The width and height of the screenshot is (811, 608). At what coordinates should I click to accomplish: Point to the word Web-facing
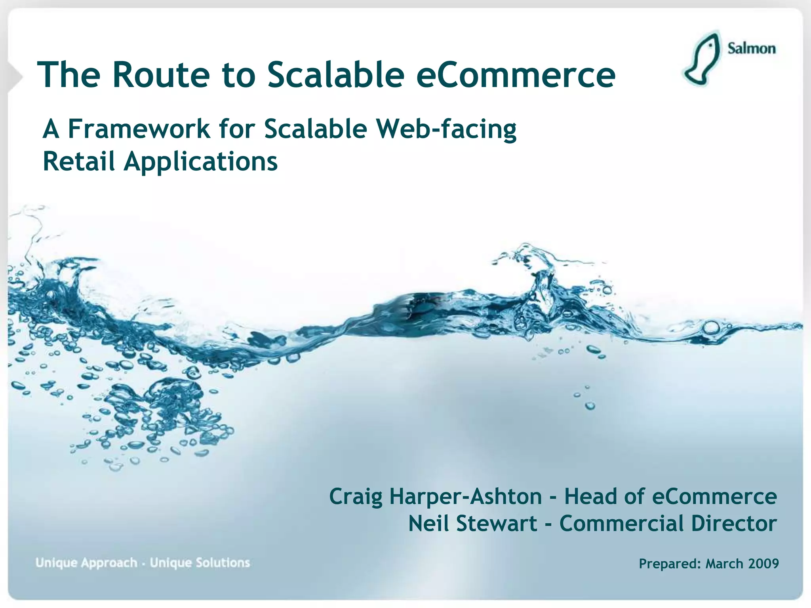click(446, 129)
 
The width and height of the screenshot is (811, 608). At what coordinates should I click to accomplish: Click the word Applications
click(201, 162)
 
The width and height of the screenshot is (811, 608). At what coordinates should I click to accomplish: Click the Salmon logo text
click(751, 48)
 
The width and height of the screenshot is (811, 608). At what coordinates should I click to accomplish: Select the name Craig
click(356, 497)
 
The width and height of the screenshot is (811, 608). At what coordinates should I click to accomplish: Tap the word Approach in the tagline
click(109, 563)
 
